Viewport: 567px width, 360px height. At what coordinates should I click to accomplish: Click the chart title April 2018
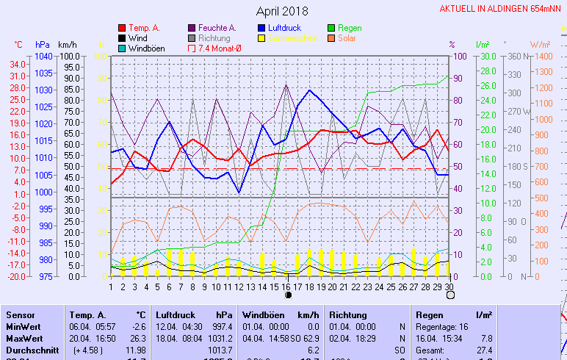(283, 11)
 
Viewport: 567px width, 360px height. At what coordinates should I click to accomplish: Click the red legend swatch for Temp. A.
(122, 28)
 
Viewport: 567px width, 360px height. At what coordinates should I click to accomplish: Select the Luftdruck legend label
(284, 28)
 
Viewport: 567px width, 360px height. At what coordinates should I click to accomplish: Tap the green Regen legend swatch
(333, 28)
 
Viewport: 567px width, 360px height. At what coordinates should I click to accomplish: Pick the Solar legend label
(347, 38)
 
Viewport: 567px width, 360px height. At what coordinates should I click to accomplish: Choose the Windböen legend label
(146, 48)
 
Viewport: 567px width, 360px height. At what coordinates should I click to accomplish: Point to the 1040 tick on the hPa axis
(43, 57)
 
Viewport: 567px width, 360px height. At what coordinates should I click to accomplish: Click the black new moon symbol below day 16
(288, 295)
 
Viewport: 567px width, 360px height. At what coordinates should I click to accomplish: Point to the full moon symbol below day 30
(449, 295)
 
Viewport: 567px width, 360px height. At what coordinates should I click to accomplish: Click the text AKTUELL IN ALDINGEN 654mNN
(502, 9)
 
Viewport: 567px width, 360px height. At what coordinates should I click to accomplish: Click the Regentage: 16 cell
(441, 326)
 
